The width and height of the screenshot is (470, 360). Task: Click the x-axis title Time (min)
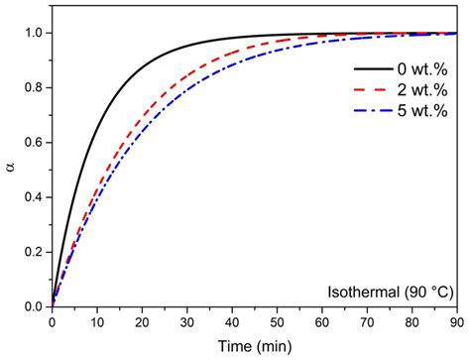pyautogui.click(x=254, y=346)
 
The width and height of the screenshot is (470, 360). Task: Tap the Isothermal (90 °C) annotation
pyautogui.click(x=390, y=292)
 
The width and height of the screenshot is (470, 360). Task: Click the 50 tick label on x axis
pyautogui.click(x=277, y=321)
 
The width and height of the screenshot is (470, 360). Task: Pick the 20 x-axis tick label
pyautogui.click(x=142, y=321)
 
